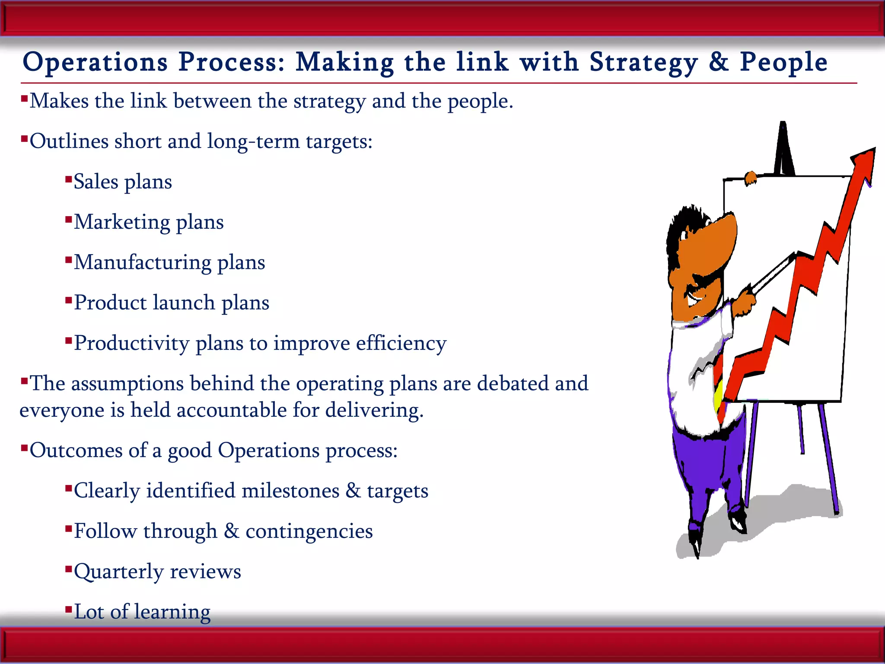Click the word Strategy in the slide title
643,63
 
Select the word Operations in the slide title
95,63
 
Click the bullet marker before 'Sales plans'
68,179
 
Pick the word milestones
290,491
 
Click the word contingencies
309,532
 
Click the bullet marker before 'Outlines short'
24,138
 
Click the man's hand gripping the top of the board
751,178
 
